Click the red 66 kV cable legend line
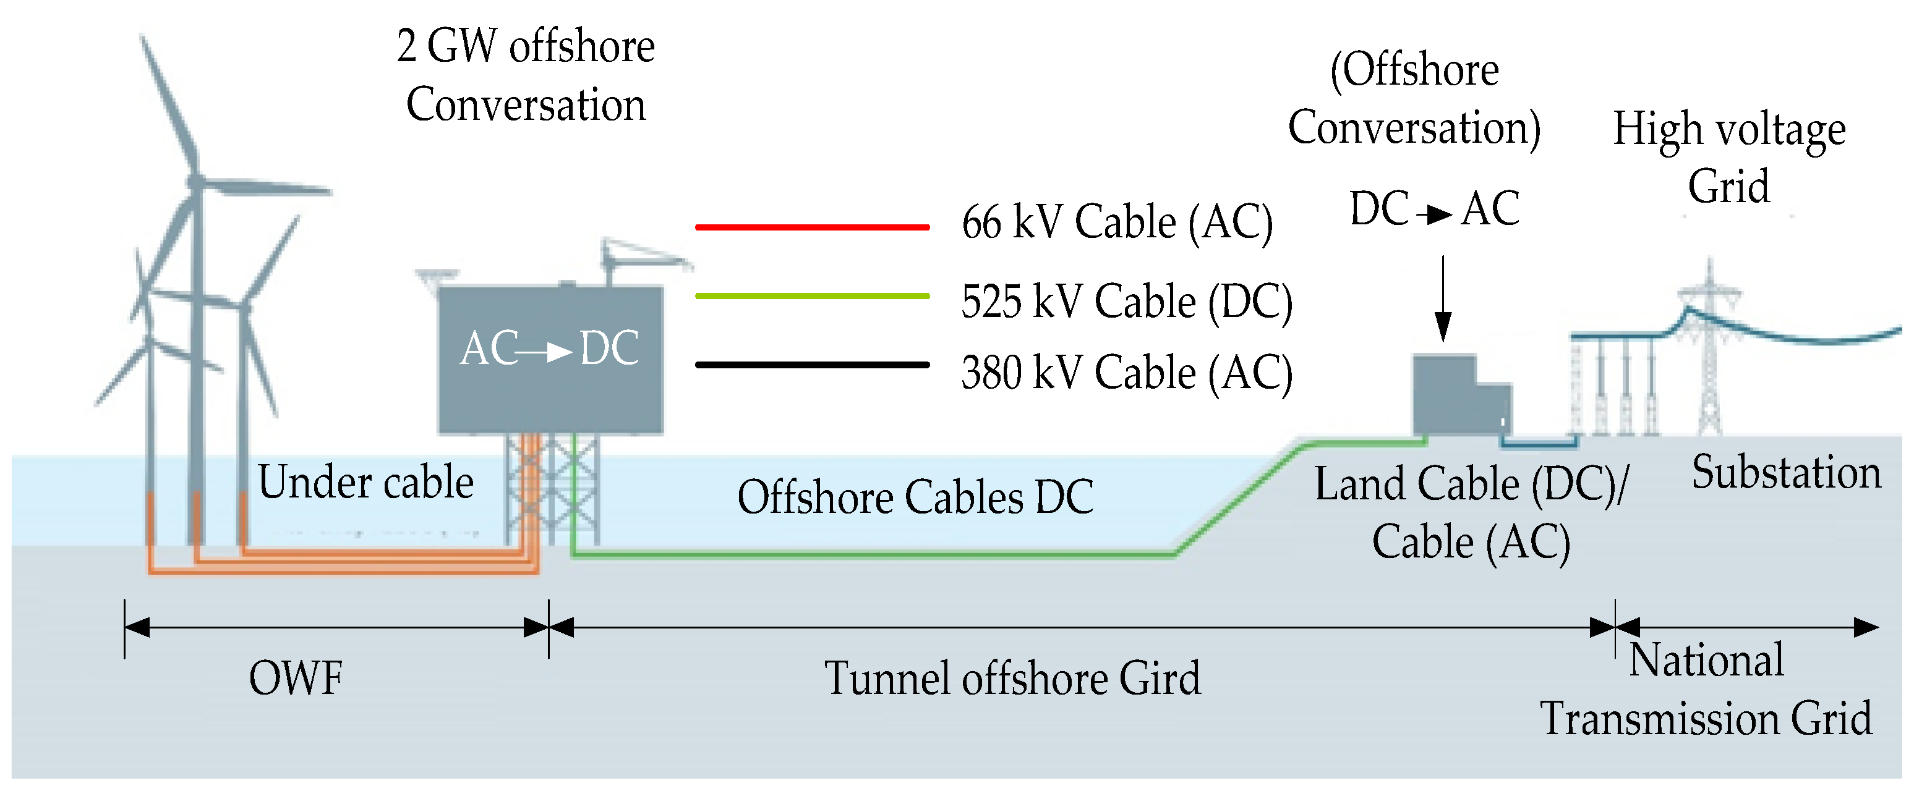812,227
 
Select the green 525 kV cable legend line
812,295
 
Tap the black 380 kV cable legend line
812,365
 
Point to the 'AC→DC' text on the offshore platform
549,349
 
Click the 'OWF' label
296,678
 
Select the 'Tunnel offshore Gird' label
1012,678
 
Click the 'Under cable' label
365,482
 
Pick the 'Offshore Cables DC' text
915,497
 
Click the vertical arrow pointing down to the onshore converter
1443,297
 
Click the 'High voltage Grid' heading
1729,156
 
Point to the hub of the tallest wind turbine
195,180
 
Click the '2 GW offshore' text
525,46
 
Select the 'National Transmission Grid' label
1706,689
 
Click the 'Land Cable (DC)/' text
1471,484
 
